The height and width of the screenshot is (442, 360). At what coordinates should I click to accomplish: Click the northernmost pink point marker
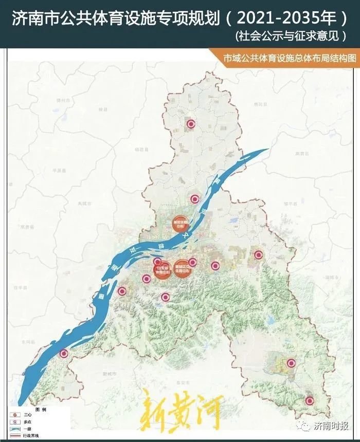pyautogui.click(x=191, y=123)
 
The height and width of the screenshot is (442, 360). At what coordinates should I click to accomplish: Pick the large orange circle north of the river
pyautogui.click(x=180, y=222)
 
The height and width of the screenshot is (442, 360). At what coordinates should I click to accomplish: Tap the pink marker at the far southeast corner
pyautogui.click(x=310, y=400)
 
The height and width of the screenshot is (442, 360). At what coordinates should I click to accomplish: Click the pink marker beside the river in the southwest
pyautogui.click(x=64, y=353)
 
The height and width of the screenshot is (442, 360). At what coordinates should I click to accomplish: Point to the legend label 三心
pyautogui.click(x=27, y=414)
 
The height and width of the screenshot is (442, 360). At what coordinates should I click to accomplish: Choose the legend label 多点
pyautogui.click(x=27, y=420)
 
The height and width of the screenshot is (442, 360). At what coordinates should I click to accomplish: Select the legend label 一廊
pyautogui.click(x=27, y=427)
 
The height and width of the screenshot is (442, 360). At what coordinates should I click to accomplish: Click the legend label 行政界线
pyautogui.click(x=30, y=434)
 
